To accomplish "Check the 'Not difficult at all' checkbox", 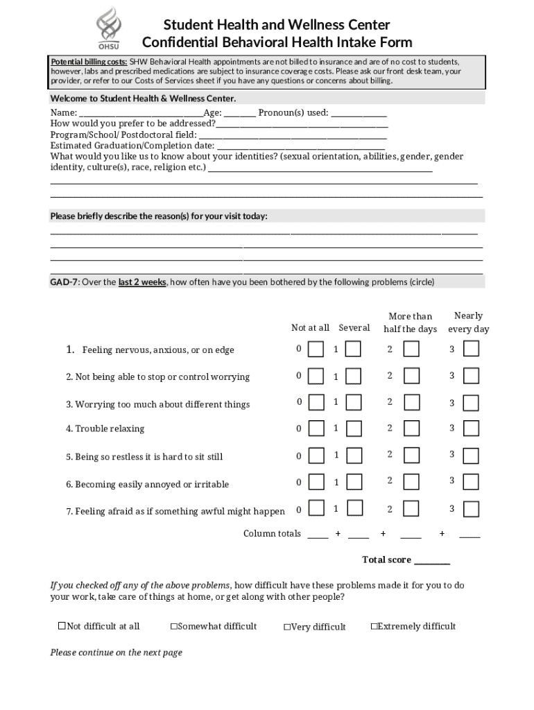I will click(x=62, y=626).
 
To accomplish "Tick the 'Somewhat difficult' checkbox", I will click(x=174, y=627).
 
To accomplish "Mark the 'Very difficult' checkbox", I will click(x=286, y=627).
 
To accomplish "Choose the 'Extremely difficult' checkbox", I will click(x=374, y=627).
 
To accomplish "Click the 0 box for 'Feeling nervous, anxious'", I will click(x=316, y=349).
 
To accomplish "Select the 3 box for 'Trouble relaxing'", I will click(x=471, y=429).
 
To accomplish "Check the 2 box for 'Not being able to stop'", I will click(x=411, y=376).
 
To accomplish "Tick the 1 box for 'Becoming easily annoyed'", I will click(x=353, y=482).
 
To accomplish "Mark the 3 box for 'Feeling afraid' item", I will click(x=471, y=509).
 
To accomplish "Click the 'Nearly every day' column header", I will click(x=468, y=322).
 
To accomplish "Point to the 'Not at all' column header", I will click(x=310, y=328).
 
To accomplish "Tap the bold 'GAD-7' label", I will click(x=64, y=282).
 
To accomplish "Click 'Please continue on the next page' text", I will click(x=116, y=652).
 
